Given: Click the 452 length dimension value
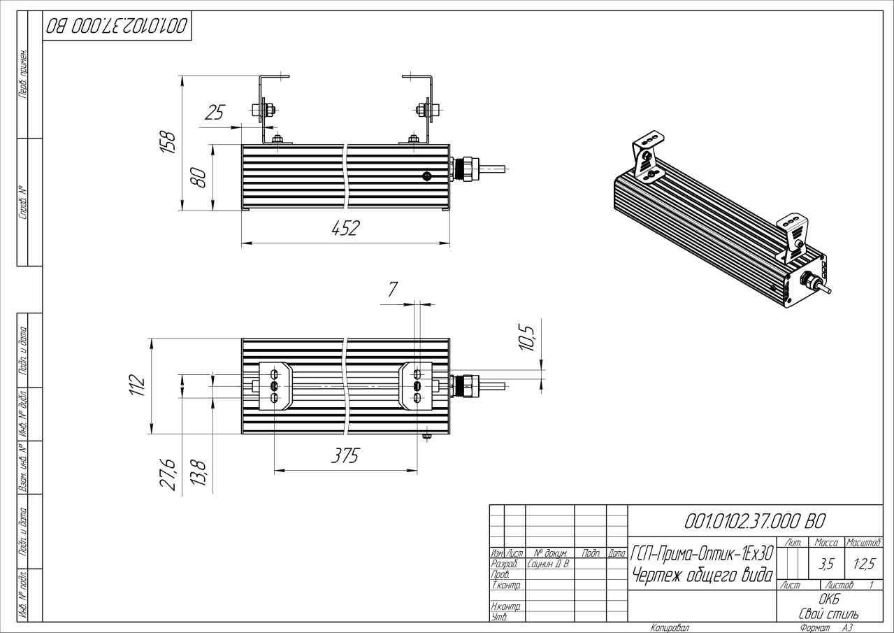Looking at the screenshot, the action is pyautogui.click(x=345, y=228).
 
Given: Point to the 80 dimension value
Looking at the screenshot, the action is pyautogui.click(x=199, y=178).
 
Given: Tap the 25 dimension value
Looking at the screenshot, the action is pyautogui.click(x=215, y=112).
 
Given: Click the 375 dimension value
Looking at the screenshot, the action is pyautogui.click(x=345, y=455).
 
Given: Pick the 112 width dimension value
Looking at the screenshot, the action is pyautogui.click(x=137, y=385).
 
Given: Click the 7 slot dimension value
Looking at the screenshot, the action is pyautogui.click(x=393, y=289).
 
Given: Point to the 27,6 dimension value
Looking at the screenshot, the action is pyautogui.click(x=168, y=474).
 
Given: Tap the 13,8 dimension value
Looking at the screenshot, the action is pyautogui.click(x=199, y=474).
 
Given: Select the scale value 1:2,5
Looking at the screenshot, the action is pyautogui.click(x=864, y=564).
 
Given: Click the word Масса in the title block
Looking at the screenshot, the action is pyautogui.click(x=827, y=542).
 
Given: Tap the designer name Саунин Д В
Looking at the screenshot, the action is pyautogui.click(x=548, y=564).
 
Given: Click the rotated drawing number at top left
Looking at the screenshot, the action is pyautogui.click(x=117, y=26).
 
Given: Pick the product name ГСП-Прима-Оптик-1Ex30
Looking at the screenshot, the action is pyautogui.click(x=702, y=553).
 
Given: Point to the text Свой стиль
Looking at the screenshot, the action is pyautogui.click(x=829, y=613).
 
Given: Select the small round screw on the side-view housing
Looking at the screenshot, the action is pyautogui.click(x=427, y=176).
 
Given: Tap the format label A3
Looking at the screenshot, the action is pyautogui.click(x=847, y=628).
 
